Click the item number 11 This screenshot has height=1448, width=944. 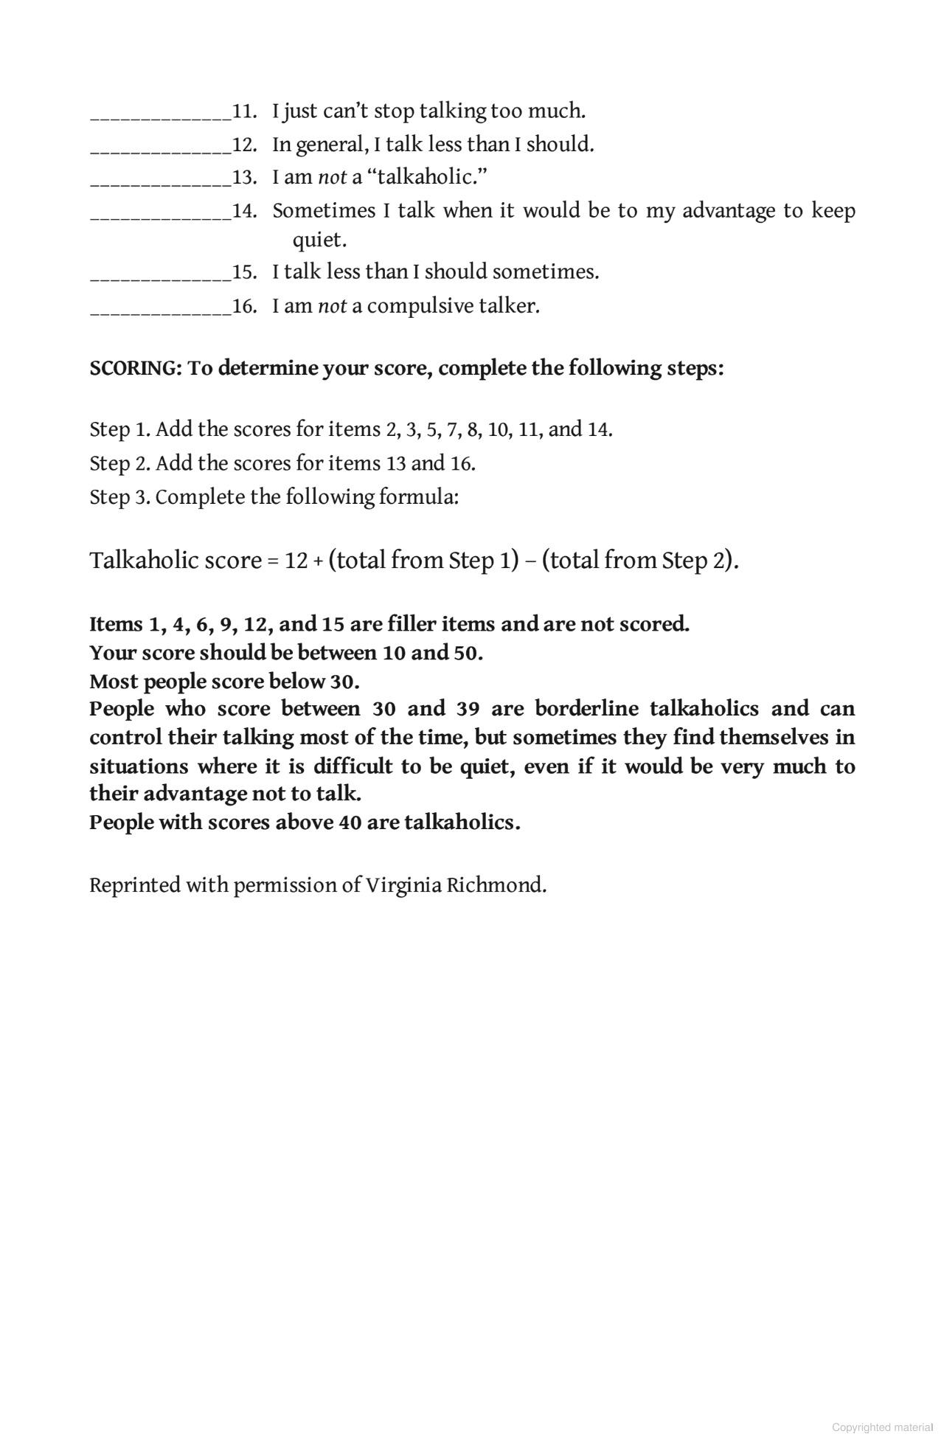243,111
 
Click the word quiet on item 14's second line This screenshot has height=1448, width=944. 319,240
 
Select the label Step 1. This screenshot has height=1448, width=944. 119,429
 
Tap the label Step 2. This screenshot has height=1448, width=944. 119,463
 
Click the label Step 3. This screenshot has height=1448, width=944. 119,497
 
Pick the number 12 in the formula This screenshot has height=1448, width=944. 296,561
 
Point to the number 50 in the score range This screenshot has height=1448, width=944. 468,653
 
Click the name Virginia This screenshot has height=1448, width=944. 403,885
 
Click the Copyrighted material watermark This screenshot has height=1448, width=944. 883,1427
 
